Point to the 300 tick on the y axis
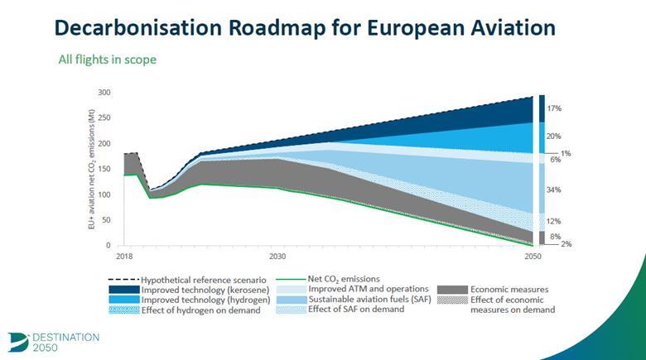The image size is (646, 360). click(x=104, y=92)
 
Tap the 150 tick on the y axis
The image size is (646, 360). click(x=104, y=169)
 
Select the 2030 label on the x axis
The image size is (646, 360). click(x=277, y=256)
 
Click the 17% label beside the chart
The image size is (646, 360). click(x=554, y=108)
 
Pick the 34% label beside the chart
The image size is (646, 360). click(x=554, y=190)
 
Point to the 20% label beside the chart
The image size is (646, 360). click(x=554, y=137)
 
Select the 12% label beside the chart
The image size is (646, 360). click(x=554, y=221)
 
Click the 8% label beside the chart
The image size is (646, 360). click(x=556, y=237)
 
